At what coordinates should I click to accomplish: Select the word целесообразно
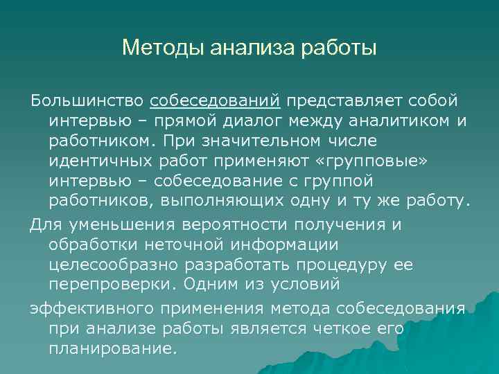click(118, 265)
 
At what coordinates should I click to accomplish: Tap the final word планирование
click(109, 349)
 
